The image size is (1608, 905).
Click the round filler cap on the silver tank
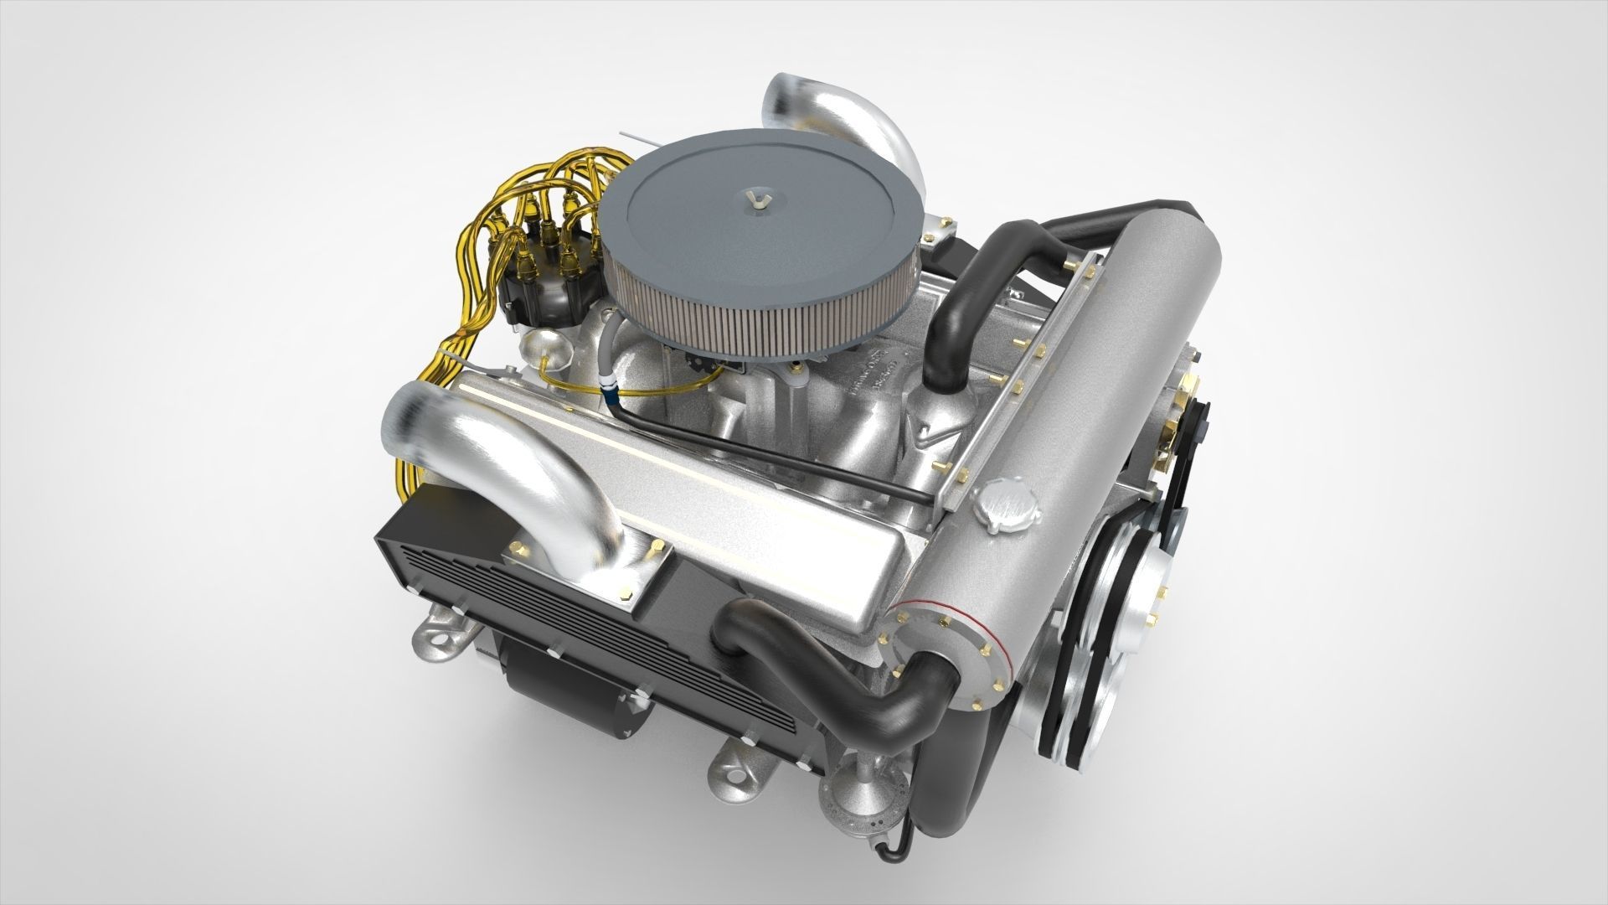(x=1008, y=504)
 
